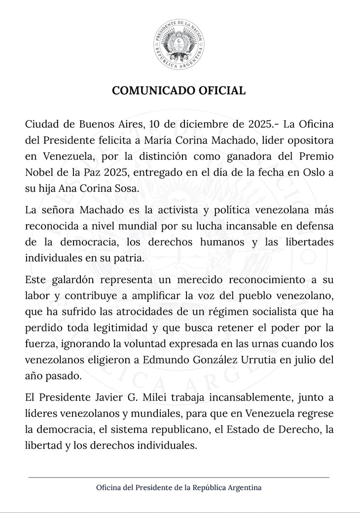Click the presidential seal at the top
point(179,45)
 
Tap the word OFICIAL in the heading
point(217,91)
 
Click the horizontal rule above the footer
point(179,478)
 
